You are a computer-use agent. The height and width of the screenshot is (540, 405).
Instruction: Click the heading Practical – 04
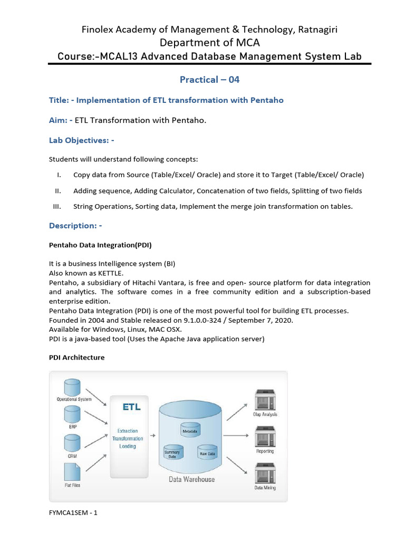(209, 80)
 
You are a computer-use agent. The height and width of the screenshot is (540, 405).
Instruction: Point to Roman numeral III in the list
(57, 206)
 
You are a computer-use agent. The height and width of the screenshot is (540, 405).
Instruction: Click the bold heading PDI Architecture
(76, 358)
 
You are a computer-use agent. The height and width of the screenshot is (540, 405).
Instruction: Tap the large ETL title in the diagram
(131, 407)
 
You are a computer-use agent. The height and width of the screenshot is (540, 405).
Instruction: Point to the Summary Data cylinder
(172, 452)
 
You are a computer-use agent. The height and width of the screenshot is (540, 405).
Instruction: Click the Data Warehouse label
(191, 479)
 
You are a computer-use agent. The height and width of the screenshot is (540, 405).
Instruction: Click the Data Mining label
(265, 488)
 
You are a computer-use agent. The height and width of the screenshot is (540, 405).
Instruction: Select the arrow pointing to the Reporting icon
(239, 436)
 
